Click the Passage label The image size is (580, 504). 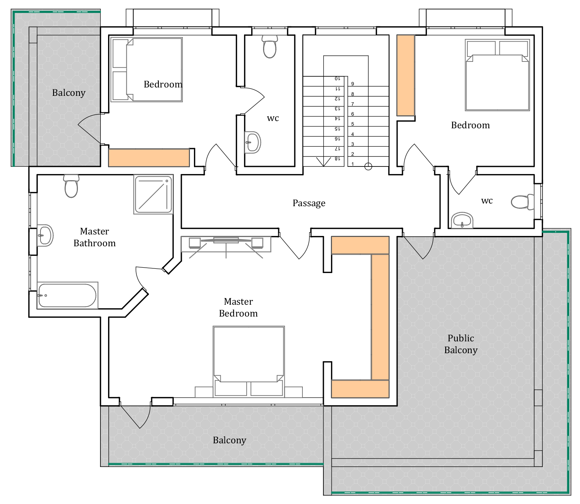point(309,203)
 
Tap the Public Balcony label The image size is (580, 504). point(460,344)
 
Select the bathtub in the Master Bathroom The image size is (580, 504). point(68,296)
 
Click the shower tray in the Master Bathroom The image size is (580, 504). point(153,194)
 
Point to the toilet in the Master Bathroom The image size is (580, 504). point(71,186)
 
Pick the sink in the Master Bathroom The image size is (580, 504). point(45,235)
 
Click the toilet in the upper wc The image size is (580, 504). point(270,47)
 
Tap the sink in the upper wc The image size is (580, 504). point(253,142)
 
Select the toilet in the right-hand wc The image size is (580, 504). point(522,202)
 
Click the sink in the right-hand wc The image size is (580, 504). point(462,220)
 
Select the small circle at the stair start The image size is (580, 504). point(368,167)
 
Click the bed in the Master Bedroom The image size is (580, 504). point(249,362)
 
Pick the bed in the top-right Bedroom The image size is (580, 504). point(498,75)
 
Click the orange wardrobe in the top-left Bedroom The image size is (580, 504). point(149,158)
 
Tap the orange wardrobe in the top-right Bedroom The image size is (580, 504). point(406,75)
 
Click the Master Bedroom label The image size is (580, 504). point(238,307)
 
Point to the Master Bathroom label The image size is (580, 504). point(94,237)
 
